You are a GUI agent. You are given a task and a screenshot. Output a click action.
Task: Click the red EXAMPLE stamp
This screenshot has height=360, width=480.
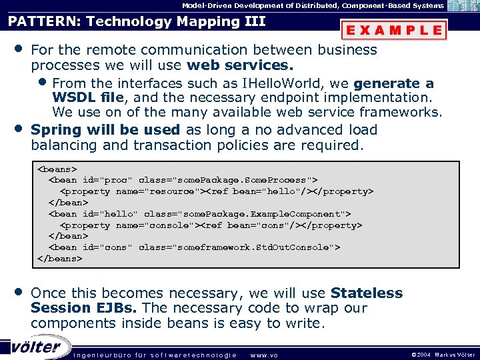(393, 30)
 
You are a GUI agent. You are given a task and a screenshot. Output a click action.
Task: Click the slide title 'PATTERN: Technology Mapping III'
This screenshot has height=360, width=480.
(137, 21)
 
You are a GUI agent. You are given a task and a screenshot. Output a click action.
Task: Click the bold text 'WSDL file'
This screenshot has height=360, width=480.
(92, 98)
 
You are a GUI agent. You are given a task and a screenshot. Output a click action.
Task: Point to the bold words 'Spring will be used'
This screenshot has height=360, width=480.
(105, 129)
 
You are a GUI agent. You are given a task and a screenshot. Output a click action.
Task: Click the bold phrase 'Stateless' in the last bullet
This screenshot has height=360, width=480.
(367, 293)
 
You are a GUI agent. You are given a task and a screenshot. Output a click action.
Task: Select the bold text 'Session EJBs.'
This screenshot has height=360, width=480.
(85, 308)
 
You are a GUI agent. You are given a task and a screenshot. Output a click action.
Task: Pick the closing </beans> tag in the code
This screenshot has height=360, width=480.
(60, 258)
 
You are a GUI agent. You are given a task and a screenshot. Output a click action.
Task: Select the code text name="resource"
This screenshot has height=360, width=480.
(157, 191)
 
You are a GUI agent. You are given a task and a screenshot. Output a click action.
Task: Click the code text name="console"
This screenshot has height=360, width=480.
(154, 225)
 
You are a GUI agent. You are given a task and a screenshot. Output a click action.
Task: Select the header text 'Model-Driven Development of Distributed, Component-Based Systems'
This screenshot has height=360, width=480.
(313, 5)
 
